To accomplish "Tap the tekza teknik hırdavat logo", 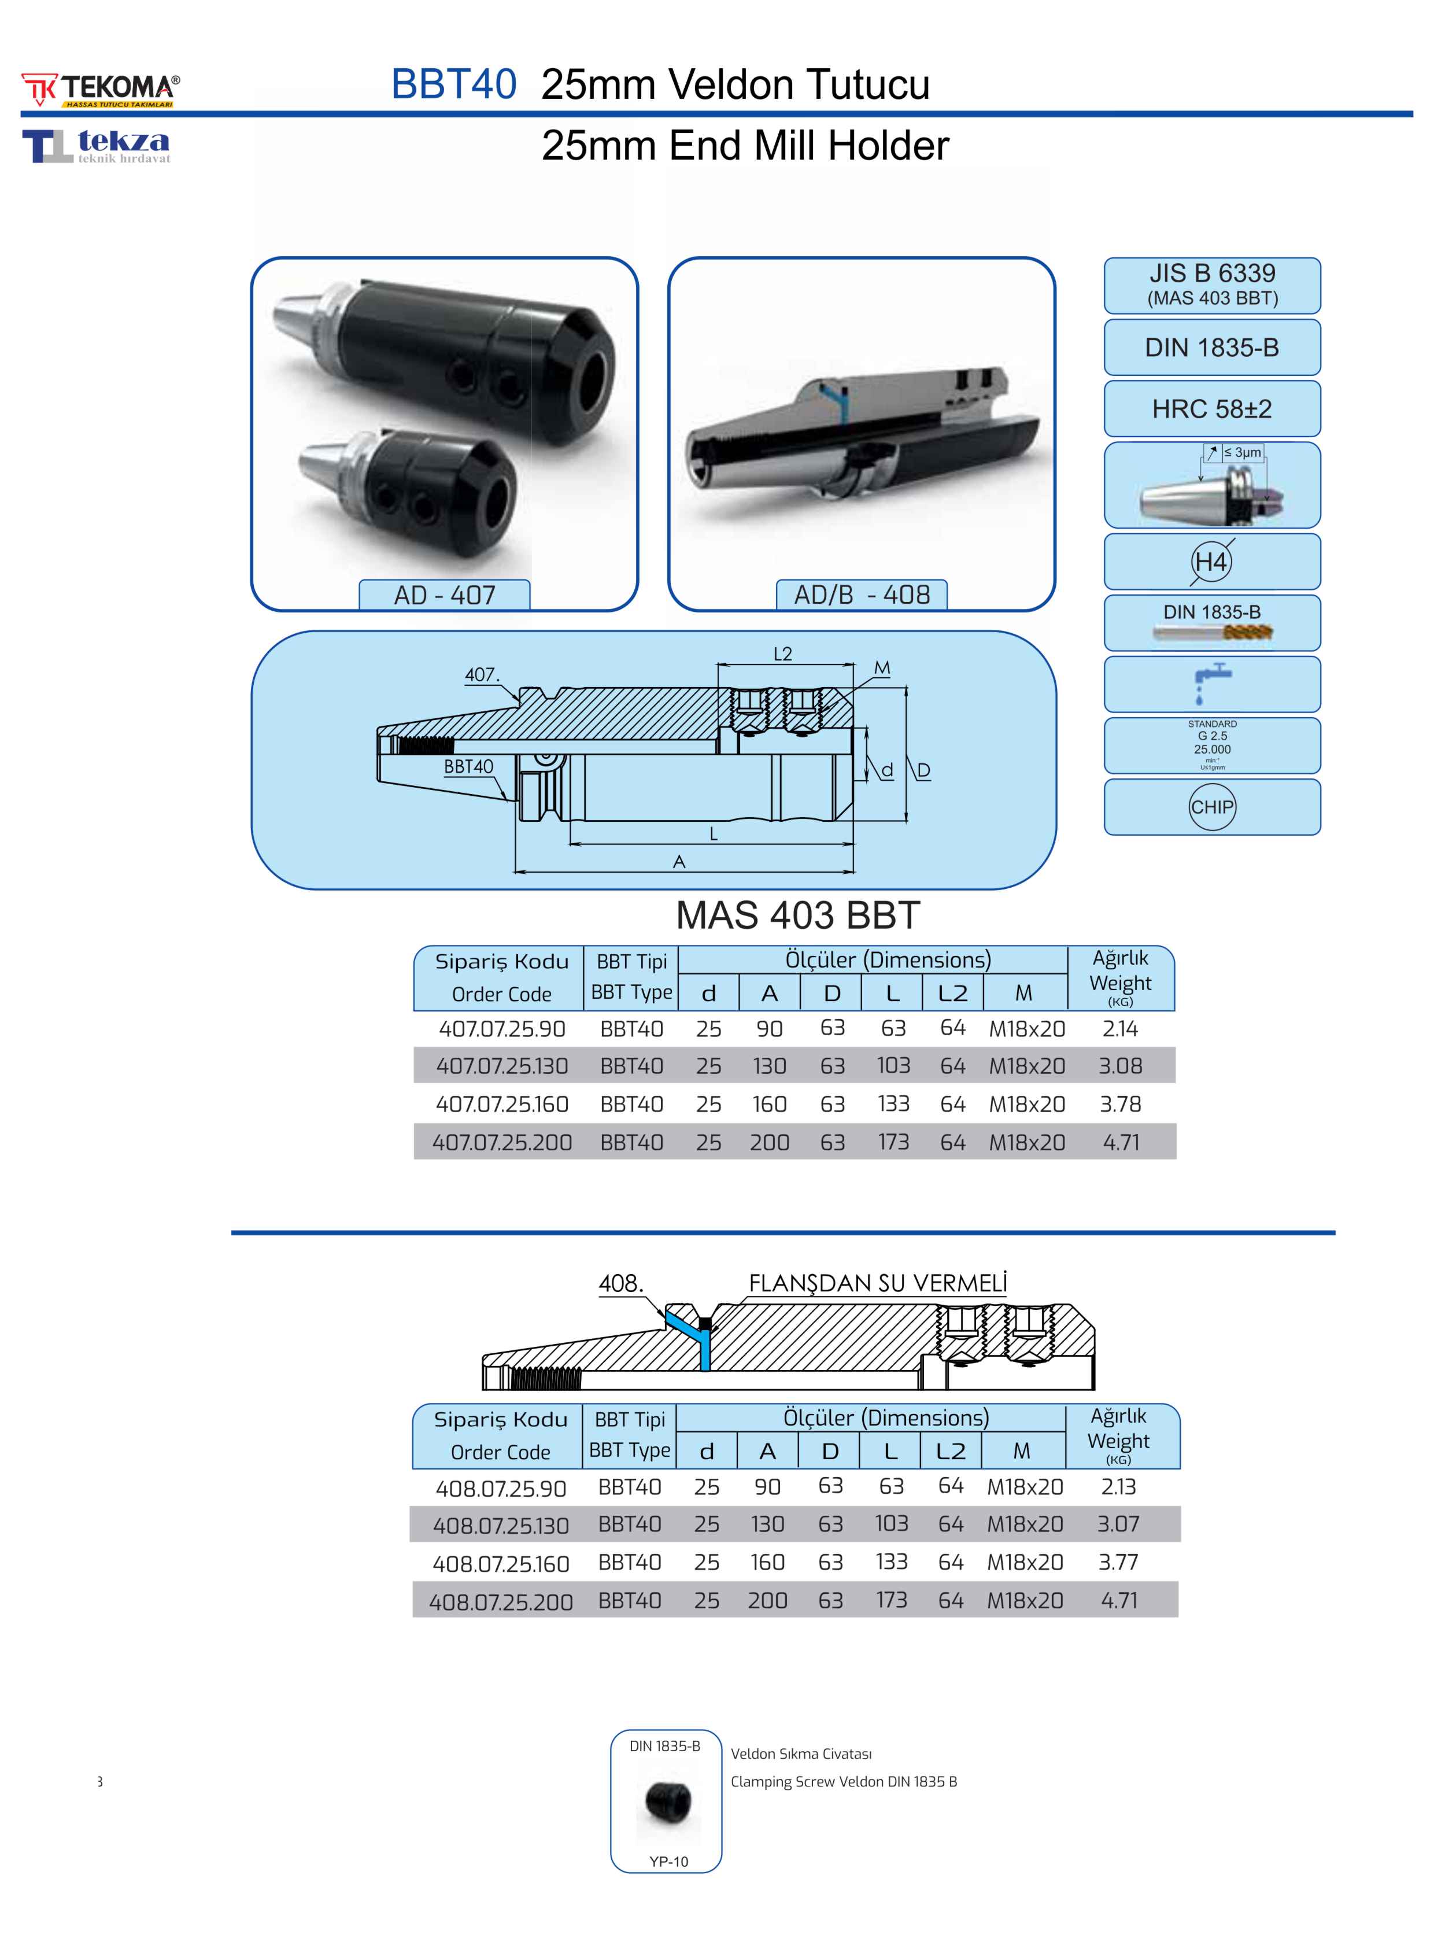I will tap(97, 146).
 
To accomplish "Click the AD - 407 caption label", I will tap(445, 596).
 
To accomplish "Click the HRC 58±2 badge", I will tap(1212, 409).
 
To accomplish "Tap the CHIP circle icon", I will tap(1212, 807).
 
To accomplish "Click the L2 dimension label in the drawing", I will tap(782, 654).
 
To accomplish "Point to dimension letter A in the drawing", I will tap(679, 862).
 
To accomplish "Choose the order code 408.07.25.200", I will tap(501, 1602).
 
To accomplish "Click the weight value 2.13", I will tap(1118, 1487).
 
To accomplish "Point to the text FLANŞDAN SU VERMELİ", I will tap(878, 1283).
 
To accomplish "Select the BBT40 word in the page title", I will tap(454, 84).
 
